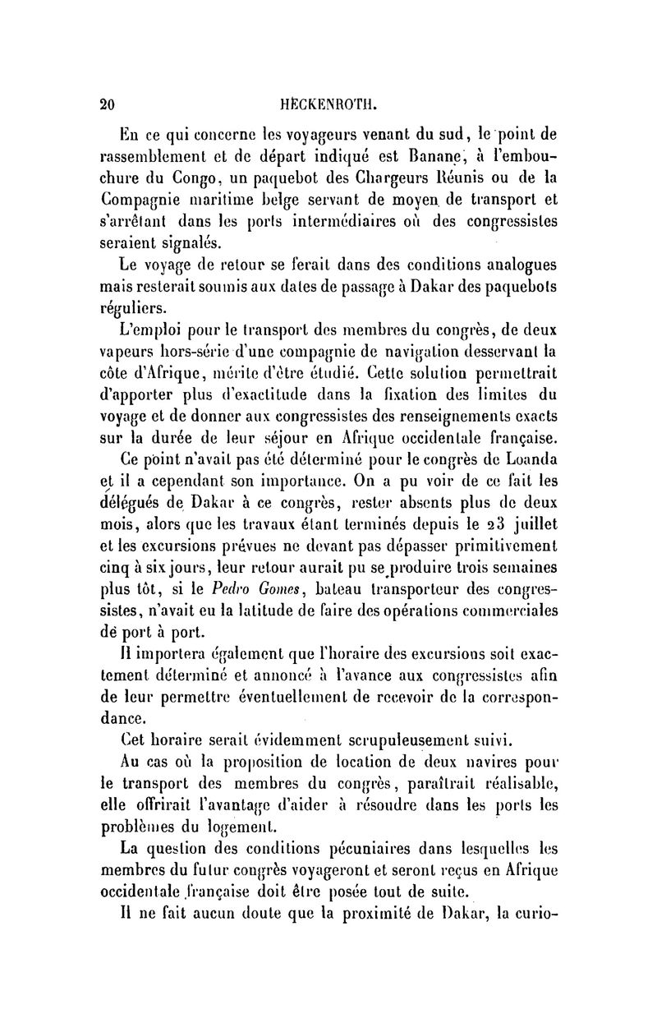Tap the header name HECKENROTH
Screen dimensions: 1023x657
(328, 104)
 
